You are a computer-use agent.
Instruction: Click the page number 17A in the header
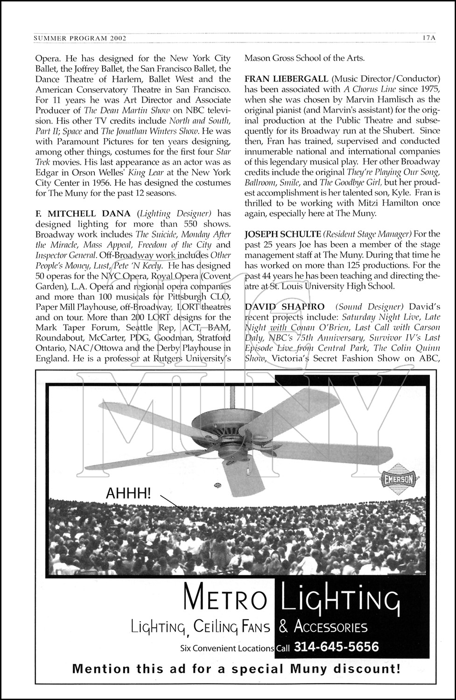pos(427,38)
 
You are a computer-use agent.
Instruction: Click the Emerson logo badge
pos(399,479)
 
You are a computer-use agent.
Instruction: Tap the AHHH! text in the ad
pos(129,493)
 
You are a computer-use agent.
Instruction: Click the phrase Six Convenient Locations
pos(227,648)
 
